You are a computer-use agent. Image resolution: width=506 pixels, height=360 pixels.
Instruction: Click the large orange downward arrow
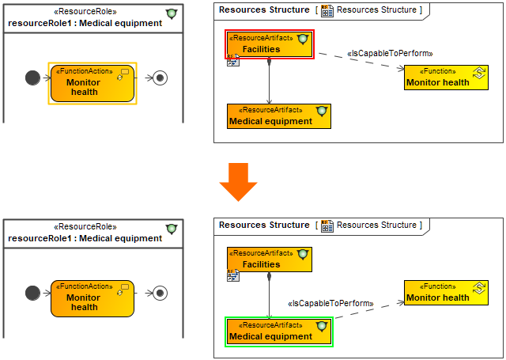[238, 181]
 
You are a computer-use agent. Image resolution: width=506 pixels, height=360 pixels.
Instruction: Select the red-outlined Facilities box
[269, 44]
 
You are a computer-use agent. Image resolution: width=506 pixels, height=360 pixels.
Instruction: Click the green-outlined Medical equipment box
[279, 332]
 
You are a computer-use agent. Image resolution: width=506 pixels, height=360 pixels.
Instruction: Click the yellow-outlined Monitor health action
[93, 83]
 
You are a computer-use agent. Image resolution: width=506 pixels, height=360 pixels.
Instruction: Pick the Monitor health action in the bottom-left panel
[93, 298]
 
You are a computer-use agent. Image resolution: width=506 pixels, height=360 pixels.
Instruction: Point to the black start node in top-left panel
[32, 78]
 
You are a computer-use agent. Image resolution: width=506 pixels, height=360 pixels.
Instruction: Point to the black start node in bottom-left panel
[32, 293]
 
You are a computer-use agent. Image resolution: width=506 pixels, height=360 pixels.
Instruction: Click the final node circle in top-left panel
[160, 78]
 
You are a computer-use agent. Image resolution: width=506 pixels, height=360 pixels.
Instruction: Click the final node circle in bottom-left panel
[160, 293]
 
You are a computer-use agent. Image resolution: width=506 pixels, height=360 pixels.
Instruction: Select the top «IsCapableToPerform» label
[390, 54]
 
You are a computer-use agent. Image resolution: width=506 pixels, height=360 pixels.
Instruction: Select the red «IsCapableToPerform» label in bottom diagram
[330, 303]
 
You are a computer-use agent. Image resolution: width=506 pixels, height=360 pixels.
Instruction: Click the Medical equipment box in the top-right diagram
[279, 116]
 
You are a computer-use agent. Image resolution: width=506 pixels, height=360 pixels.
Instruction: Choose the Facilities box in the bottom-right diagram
[269, 260]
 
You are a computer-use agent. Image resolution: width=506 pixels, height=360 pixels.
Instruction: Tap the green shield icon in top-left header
[172, 14]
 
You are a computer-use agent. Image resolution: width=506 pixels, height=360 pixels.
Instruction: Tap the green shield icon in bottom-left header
[172, 229]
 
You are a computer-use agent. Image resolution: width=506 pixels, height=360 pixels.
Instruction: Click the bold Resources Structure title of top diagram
[264, 9]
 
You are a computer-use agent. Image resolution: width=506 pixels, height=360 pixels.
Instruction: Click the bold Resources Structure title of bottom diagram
[264, 225]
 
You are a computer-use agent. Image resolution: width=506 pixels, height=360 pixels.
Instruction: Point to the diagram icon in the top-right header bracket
[327, 10]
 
